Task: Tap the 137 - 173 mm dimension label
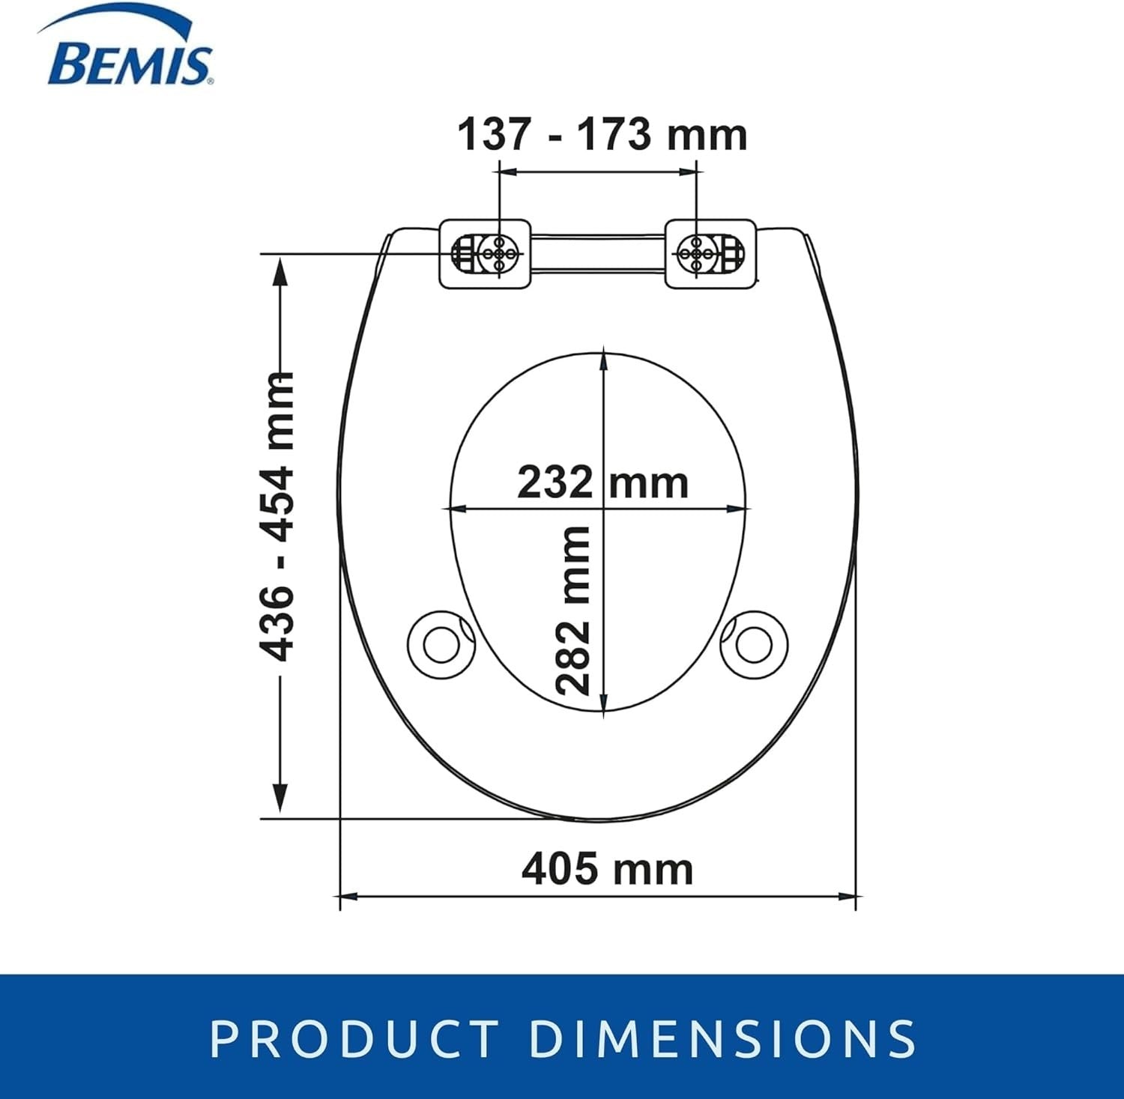[602, 135]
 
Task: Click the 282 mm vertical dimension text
[573, 611]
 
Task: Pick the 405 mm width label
[607, 869]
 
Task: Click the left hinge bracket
[485, 252]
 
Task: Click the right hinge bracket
[710, 252]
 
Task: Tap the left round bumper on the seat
[441, 643]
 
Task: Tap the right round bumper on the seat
[755, 643]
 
